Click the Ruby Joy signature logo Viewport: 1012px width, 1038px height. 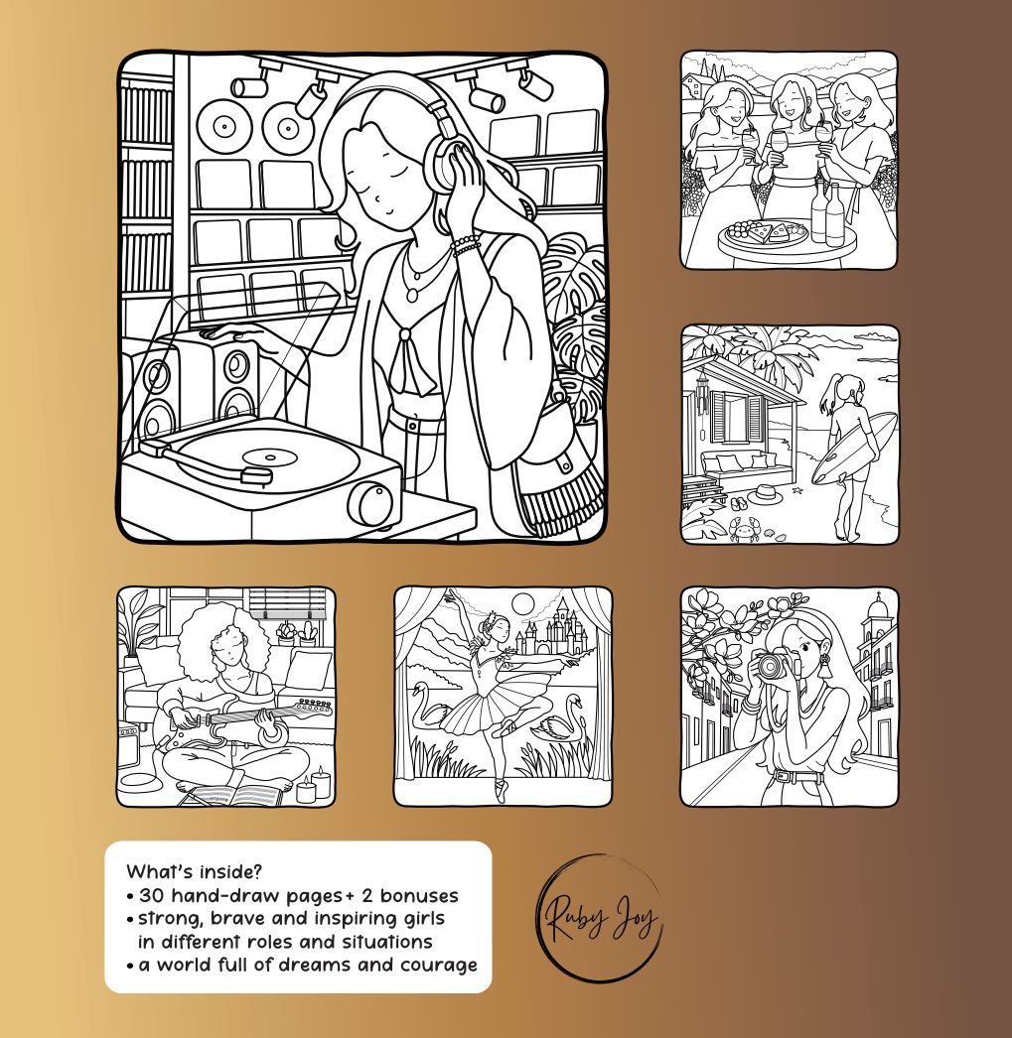(600, 918)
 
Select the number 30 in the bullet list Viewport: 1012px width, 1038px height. (151, 896)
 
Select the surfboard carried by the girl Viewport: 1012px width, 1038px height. (854, 448)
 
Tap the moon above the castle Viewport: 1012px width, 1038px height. (523, 603)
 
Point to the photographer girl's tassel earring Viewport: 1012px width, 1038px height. (826, 665)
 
